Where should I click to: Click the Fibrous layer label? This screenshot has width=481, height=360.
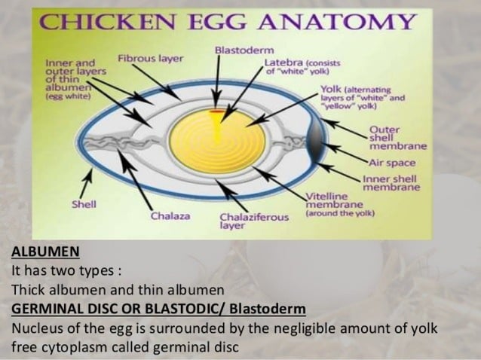coord(149,58)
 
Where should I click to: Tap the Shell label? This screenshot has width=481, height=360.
coord(84,204)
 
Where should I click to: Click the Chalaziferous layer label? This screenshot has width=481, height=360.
coord(253,220)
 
